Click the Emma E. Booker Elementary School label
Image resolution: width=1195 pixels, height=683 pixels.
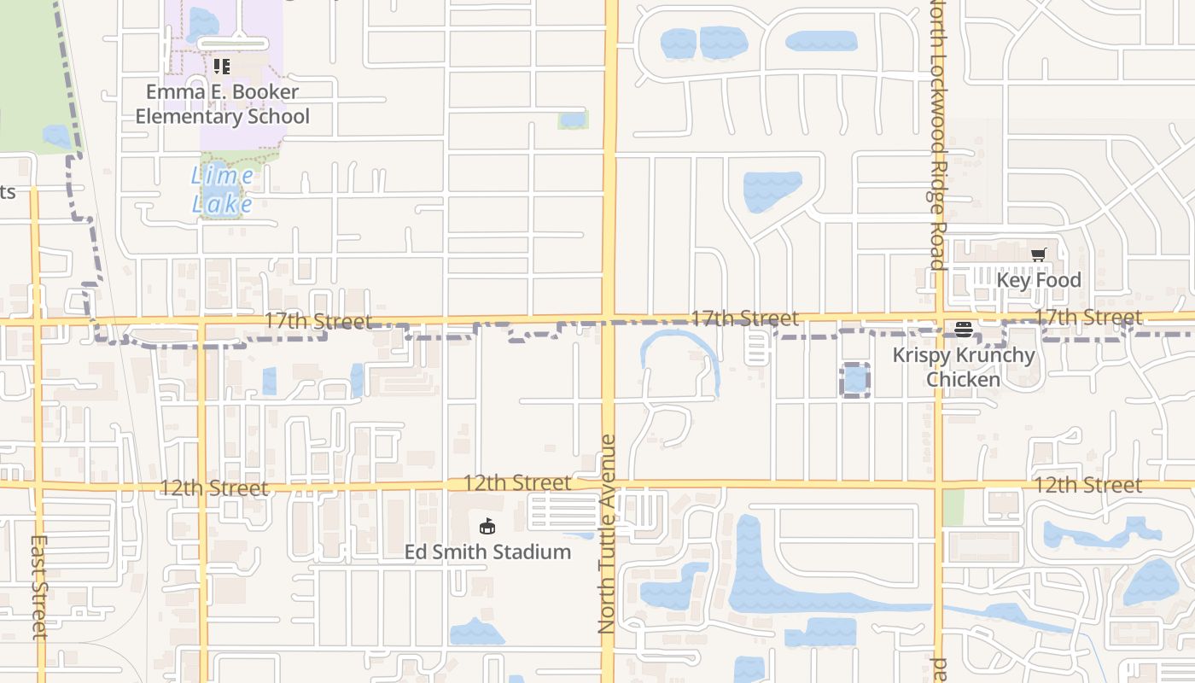point(222,104)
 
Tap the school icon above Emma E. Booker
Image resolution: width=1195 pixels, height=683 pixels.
point(222,67)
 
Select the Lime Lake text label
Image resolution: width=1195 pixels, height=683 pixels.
point(222,190)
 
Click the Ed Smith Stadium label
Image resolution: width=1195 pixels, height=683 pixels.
point(487,552)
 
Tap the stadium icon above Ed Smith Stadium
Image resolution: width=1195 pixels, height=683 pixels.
point(487,526)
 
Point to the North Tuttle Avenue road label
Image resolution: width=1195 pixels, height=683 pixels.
point(607,534)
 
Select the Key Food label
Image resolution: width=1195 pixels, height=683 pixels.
point(1039,280)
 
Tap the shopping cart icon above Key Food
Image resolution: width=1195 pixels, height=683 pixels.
point(1039,254)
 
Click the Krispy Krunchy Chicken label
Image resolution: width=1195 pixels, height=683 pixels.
point(964,367)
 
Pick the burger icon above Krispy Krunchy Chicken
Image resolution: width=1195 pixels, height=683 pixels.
point(964,330)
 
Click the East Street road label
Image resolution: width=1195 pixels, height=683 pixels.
point(39,587)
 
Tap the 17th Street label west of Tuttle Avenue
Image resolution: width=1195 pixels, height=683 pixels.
point(318,321)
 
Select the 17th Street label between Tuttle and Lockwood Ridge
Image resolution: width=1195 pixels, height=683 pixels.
point(744,318)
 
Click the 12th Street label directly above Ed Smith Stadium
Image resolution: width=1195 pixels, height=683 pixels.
point(517,482)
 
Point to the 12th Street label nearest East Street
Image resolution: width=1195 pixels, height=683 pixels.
point(214,487)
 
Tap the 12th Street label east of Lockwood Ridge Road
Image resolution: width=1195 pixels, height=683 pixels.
point(1088,485)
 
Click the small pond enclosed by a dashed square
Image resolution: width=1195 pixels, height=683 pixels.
point(855,379)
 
